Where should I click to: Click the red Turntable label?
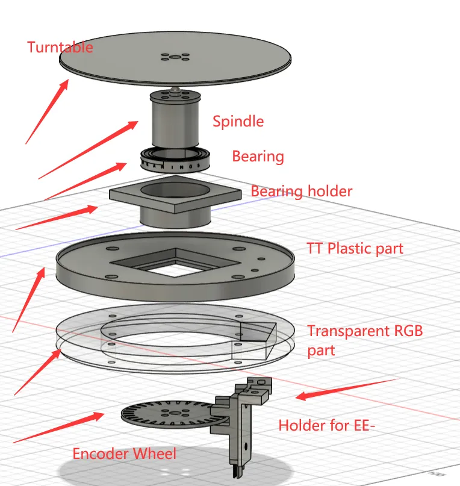(60, 47)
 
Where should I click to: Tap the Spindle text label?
(238, 121)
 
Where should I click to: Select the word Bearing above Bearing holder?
(258, 156)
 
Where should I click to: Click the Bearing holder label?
(301, 192)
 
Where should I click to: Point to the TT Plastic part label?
(355, 248)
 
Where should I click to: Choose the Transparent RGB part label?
(365, 341)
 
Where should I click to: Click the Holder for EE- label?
(327, 425)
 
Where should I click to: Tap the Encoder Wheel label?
(124, 453)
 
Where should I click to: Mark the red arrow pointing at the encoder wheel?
(58, 428)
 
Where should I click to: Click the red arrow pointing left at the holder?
(346, 390)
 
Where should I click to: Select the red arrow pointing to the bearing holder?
(57, 217)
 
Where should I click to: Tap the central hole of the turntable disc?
(175, 57)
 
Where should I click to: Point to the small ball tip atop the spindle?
(175, 90)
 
